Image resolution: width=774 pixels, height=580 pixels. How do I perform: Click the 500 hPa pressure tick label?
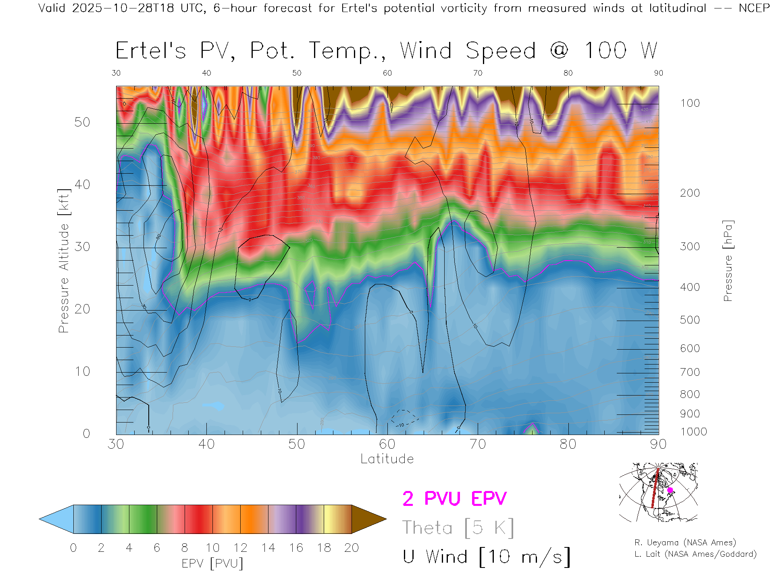(690, 320)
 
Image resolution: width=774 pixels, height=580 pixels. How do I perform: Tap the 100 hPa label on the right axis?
(690, 103)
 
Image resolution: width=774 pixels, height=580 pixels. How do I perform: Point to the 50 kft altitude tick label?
(82, 122)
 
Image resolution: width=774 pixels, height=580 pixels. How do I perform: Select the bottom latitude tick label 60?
(387, 444)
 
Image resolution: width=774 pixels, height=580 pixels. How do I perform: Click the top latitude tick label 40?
(206, 73)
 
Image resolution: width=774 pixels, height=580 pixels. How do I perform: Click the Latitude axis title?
(387, 459)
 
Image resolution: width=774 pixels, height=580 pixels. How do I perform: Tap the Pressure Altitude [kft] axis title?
(64, 261)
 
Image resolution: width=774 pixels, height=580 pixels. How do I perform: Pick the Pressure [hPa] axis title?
(728, 261)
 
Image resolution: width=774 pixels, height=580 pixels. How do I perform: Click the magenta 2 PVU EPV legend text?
(454, 499)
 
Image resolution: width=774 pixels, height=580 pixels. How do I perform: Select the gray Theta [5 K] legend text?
(458, 528)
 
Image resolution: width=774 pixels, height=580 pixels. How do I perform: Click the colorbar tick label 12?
(240, 548)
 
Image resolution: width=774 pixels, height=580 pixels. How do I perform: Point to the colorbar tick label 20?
(352, 548)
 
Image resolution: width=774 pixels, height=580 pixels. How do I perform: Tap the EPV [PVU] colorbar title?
(212, 563)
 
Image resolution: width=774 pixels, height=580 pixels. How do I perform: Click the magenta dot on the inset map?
(670, 490)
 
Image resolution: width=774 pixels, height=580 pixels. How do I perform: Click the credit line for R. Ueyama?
(685, 543)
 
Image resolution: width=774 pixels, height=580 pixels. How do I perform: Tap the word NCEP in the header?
(754, 8)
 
